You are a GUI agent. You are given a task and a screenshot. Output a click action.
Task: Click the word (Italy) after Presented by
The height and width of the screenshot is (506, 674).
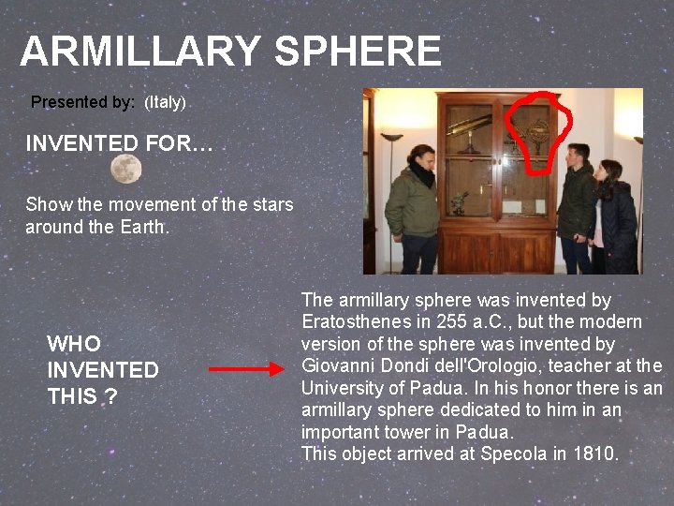[x=165, y=102]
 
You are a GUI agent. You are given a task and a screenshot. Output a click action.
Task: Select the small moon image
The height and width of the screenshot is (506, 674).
[x=126, y=170]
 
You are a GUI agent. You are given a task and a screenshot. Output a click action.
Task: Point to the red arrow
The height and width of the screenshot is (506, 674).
[x=244, y=369]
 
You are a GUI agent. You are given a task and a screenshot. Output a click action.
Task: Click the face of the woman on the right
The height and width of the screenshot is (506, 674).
[x=608, y=171]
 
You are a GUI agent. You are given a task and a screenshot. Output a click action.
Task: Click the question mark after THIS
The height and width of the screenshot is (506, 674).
[x=110, y=397]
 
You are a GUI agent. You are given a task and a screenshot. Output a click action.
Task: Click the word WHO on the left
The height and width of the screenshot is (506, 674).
[x=74, y=344]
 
